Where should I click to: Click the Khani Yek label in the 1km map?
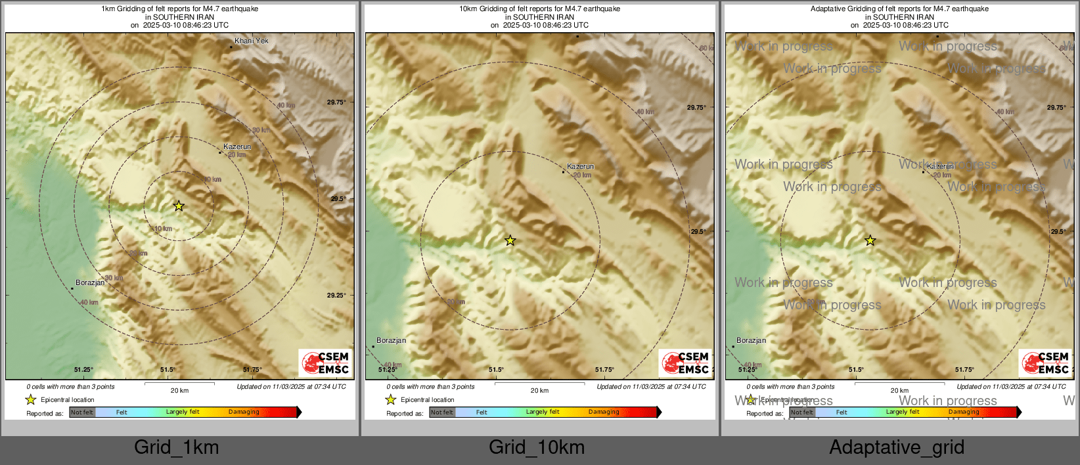tap(252, 41)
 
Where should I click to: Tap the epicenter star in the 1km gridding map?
tap(179, 206)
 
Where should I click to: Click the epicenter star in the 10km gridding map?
tap(510, 240)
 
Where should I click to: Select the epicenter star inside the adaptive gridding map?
tap(870, 240)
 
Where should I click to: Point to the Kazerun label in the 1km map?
tap(237, 146)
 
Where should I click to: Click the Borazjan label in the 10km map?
tap(392, 340)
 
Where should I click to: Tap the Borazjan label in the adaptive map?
tap(752, 340)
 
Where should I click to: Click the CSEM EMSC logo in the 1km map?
tap(325, 363)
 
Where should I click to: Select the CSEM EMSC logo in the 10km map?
tap(685, 363)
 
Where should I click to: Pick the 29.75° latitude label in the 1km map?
tap(336, 102)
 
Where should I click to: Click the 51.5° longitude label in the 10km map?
tap(496, 370)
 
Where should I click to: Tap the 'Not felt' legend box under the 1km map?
tap(82, 412)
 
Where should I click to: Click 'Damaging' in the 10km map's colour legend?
tap(604, 412)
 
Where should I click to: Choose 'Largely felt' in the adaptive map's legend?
tap(903, 412)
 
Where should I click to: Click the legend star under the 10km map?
tap(391, 399)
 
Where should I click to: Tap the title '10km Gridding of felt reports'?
tap(539, 9)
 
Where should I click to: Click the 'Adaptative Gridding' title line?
tap(899, 9)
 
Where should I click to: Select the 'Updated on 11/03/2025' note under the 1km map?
tap(291, 387)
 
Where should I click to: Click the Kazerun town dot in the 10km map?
tap(563, 172)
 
